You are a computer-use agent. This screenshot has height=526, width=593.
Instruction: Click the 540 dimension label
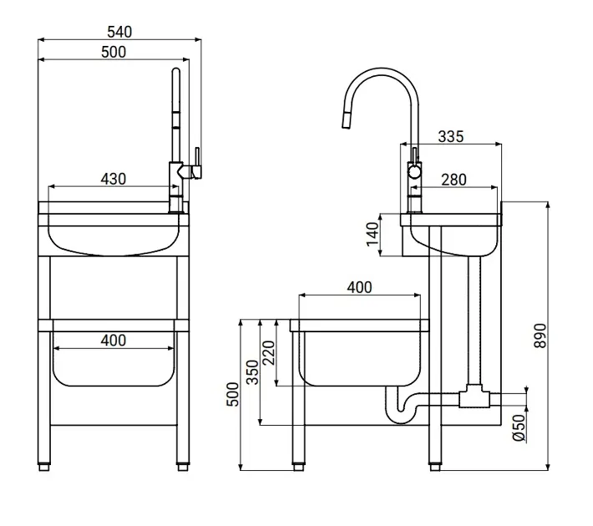click(x=119, y=32)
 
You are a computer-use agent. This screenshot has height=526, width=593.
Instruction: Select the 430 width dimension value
click(x=113, y=179)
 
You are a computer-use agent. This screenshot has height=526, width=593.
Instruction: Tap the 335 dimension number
click(x=451, y=137)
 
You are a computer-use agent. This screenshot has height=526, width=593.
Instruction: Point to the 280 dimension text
click(x=454, y=180)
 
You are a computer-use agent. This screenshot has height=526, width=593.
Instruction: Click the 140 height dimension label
click(x=373, y=235)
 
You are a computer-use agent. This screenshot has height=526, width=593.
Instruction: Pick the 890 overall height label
click(x=540, y=336)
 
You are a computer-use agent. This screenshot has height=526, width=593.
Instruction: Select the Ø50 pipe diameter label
click(x=520, y=427)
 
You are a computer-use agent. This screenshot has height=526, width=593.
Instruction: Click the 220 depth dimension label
click(x=268, y=353)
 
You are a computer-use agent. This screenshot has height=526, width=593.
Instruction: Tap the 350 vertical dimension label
click(x=252, y=372)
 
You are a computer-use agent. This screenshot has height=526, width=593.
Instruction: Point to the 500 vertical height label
click(x=232, y=394)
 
